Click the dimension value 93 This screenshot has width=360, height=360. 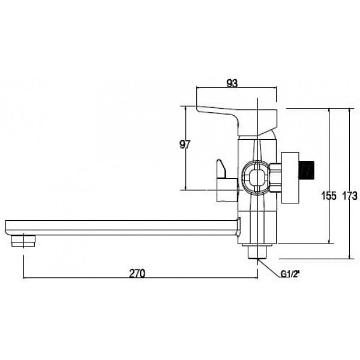click(x=232, y=83)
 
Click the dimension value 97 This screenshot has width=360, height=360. click(x=185, y=145)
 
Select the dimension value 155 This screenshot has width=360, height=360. click(x=329, y=196)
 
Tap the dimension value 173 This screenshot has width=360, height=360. click(x=350, y=196)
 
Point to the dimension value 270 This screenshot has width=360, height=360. click(x=137, y=274)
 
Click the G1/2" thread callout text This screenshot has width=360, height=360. click(x=290, y=274)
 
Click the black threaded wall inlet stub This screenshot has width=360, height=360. click(x=306, y=170)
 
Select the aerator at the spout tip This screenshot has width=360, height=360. click(x=23, y=241)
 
